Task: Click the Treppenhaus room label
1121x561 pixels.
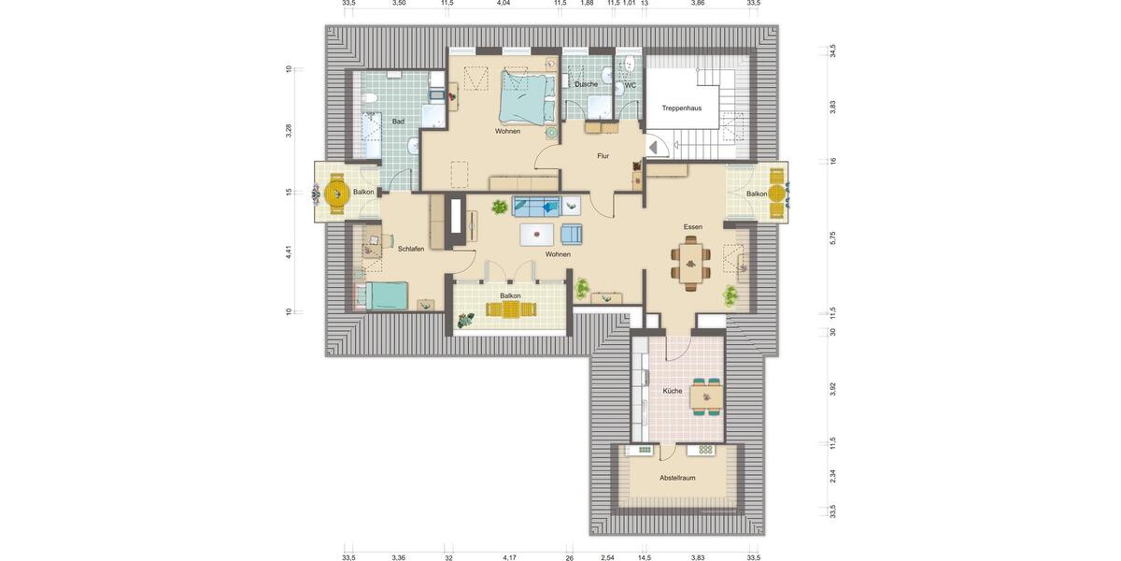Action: coord(681,108)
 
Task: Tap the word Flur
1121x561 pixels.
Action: coord(603,156)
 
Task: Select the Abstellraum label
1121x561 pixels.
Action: coord(677,478)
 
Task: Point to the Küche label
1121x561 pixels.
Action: coord(672,391)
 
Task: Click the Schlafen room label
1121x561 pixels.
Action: coord(411,249)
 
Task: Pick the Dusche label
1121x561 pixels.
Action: coord(586,84)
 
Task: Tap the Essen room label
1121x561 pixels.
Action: coord(692,227)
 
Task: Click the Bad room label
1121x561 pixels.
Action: coord(398,122)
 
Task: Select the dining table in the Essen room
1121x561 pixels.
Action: coord(690,264)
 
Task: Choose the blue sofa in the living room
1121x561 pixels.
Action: coord(536,207)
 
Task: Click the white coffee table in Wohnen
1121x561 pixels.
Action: coord(536,234)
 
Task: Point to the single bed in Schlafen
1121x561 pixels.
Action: coord(385,296)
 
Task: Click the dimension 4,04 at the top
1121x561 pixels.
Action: coord(504,4)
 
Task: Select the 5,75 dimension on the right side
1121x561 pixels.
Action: coord(832,238)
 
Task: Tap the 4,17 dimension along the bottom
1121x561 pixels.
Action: coord(509,557)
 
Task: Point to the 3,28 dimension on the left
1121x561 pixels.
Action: coord(289,130)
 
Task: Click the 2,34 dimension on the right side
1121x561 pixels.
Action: coord(832,476)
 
